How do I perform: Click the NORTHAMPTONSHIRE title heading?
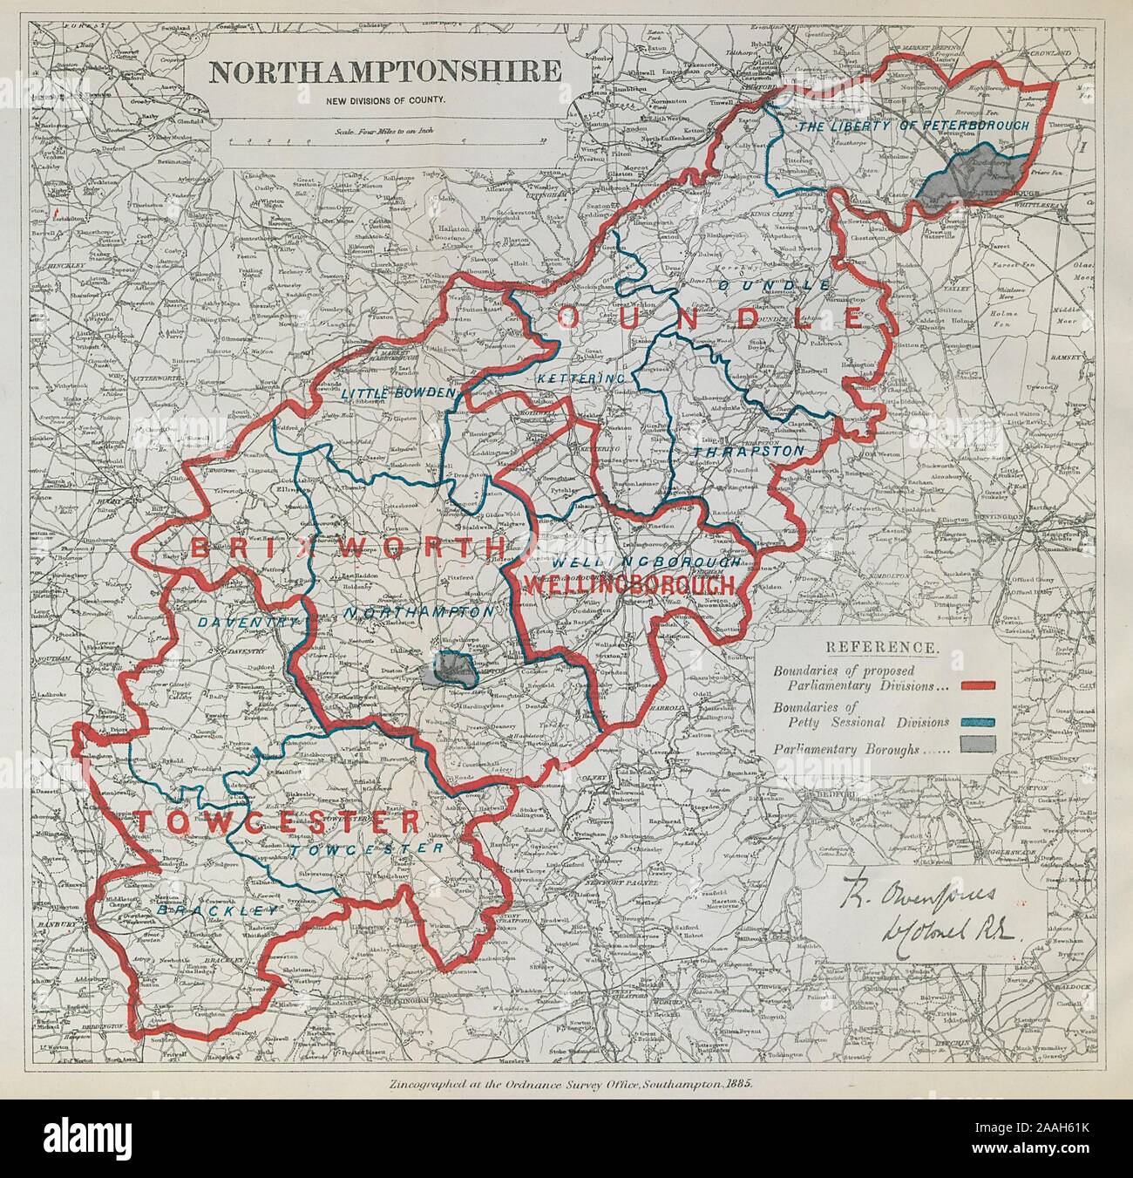383,72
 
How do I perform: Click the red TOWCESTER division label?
276,821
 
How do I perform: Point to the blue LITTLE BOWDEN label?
397,394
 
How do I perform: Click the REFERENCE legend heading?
882,648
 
